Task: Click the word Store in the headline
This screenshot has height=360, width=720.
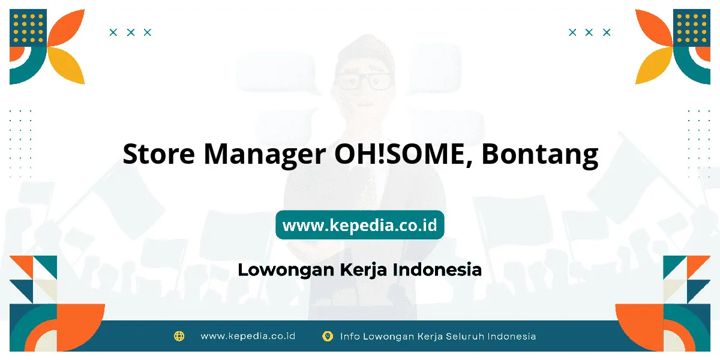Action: (x=158, y=154)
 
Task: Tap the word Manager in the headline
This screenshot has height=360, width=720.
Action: (x=265, y=155)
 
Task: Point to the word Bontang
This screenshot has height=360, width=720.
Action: (x=540, y=155)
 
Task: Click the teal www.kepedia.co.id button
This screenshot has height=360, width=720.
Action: (x=359, y=224)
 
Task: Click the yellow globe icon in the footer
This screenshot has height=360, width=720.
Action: (x=179, y=336)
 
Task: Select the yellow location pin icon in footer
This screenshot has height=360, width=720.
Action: (x=327, y=336)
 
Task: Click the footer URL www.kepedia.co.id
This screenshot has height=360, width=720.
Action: (x=248, y=336)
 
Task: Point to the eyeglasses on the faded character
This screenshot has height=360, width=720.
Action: (x=364, y=81)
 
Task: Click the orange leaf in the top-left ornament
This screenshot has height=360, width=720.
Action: (x=66, y=28)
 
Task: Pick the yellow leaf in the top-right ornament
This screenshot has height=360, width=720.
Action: (x=654, y=65)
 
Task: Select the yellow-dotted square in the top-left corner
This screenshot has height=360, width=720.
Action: (x=28, y=28)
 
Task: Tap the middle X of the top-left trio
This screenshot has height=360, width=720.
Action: (x=131, y=32)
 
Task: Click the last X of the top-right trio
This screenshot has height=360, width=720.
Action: (x=607, y=32)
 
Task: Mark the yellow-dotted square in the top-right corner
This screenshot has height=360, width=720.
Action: (x=692, y=28)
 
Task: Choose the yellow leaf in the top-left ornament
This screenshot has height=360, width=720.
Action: (x=66, y=65)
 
